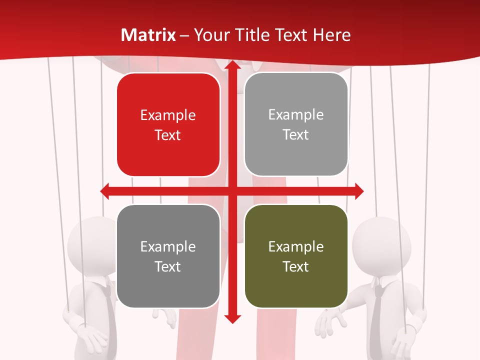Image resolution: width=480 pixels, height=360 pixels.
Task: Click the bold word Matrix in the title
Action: [x=148, y=35]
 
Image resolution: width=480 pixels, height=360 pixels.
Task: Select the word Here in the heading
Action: [x=331, y=35]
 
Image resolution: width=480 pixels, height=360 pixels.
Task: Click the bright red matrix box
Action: [x=168, y=125]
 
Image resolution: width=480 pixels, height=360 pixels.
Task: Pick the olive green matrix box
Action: [x=296, y=256]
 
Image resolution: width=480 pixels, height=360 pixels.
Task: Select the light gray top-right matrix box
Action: [x=296, y=124]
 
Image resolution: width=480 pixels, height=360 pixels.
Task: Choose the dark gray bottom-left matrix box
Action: [x=168, y=256]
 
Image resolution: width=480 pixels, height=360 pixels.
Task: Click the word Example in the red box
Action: [x=168, y=115]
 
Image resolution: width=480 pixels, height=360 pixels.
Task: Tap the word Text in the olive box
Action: [x=296, y=266]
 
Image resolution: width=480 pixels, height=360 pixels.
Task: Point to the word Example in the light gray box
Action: [x=296, y=115]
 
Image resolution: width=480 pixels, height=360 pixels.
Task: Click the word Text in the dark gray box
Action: [x=168, y=266]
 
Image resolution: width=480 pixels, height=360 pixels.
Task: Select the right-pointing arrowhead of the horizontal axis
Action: [x=358, y=190]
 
